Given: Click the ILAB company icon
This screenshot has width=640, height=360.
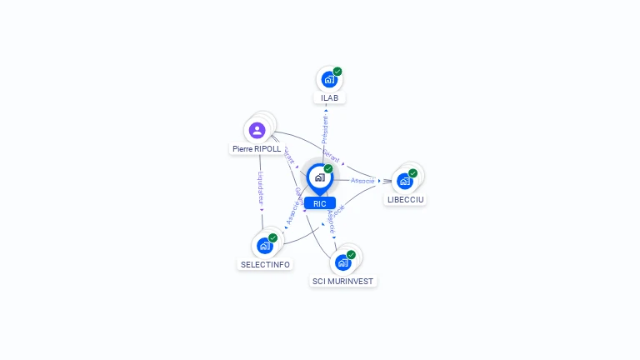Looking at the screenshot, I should (x=329, y=80).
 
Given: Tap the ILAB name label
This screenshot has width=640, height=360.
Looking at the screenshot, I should (x=330, y=98).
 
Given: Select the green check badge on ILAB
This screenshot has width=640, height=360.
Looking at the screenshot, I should (x=337, y=72).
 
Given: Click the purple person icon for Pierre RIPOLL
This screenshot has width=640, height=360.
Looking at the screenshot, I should (x=257, y=130).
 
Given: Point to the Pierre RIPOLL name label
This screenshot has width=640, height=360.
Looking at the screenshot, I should (x=257, y=148).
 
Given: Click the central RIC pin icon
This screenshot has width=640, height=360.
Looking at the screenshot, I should (x=319, y=177).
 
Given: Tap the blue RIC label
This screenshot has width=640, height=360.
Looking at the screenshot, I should (x=320, y=203).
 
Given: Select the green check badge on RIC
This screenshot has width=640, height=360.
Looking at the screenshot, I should (x=328, y=169).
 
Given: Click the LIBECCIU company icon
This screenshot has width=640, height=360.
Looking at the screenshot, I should (x=404, y=181).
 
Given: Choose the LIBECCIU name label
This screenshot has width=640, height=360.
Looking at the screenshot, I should (x=406, y=200).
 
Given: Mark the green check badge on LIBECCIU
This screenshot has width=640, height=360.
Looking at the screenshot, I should (x=412, y=173).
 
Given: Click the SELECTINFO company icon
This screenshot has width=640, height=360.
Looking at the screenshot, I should (x=264, y=246).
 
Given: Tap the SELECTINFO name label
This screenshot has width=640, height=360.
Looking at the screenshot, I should (x=265, y=264).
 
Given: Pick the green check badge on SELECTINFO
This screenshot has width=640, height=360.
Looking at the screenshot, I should (x=272, y=238).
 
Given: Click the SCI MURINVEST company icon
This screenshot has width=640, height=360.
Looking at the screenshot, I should (x=342, y=262).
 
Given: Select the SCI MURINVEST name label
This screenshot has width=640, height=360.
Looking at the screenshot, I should (x=342, y=282).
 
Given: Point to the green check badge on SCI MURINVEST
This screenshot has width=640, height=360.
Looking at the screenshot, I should (x=351, y=255).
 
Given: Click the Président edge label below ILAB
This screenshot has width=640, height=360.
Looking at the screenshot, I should (x=325, y=130).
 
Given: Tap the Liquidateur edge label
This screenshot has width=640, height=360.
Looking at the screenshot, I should (x=261, y=190).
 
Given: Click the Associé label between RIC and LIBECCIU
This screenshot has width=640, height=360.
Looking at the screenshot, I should (x=362, y=180).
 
